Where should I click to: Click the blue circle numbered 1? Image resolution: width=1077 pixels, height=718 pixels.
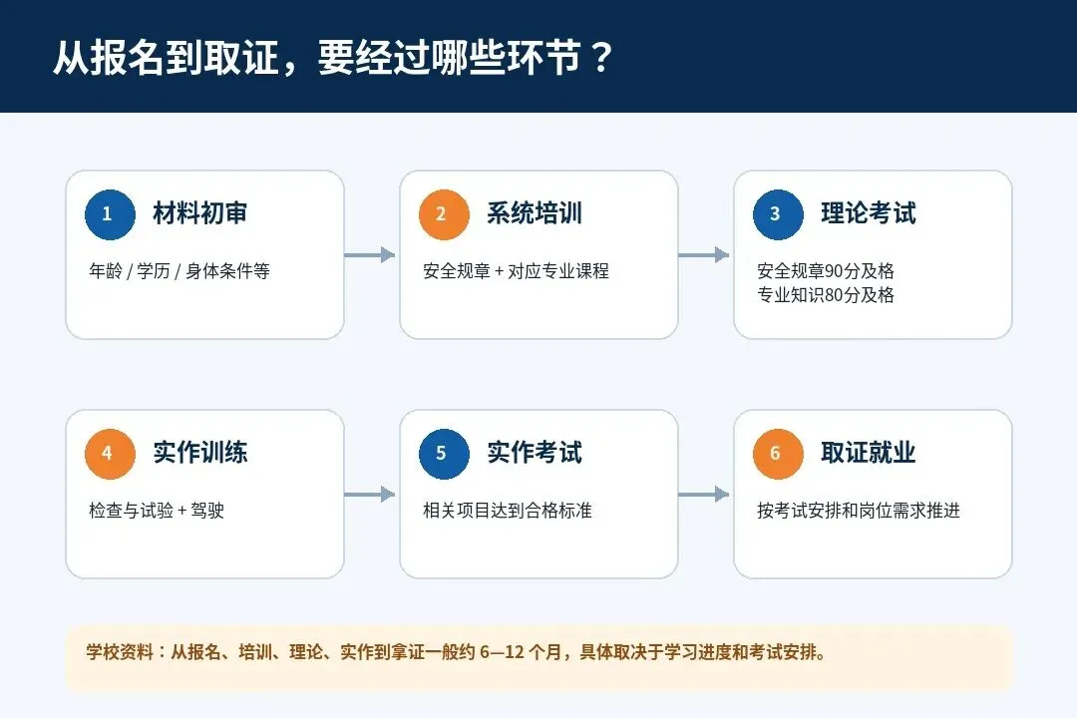click(110, 214)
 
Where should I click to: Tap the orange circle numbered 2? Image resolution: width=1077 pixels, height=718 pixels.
click(444, 214)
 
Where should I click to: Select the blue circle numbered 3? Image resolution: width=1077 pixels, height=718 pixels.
click(778, 214)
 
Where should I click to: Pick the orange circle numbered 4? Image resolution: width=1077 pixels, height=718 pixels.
click(110, 454)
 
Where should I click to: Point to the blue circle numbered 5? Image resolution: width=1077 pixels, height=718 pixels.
click(444, 454)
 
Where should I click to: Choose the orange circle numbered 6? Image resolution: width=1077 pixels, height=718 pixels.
click(778, 454)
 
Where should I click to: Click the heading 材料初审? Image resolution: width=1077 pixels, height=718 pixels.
click(199, 213)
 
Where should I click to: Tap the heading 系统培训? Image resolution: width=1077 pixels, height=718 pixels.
click(535, 213)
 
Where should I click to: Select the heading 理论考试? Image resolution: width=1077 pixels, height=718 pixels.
click(869, 213)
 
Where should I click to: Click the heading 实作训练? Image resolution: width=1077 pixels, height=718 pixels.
click(199, 452)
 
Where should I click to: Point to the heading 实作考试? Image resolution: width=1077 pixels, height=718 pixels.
click(535, 452)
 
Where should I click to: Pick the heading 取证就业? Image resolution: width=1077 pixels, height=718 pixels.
click(869, 452)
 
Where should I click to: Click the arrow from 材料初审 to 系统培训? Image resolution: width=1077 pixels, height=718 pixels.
click(370, 255)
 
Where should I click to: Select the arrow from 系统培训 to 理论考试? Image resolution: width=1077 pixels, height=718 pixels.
click(703, 255)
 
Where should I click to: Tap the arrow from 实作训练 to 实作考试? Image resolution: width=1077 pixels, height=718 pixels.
click(370, 494)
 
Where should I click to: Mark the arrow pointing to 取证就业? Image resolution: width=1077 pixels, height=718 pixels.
click(703, 494)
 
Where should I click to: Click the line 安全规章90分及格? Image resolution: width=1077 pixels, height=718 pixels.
click(826, 270)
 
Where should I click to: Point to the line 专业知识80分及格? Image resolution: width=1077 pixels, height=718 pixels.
click(826, 295)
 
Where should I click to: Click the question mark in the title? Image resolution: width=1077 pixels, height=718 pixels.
click(601, 58)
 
